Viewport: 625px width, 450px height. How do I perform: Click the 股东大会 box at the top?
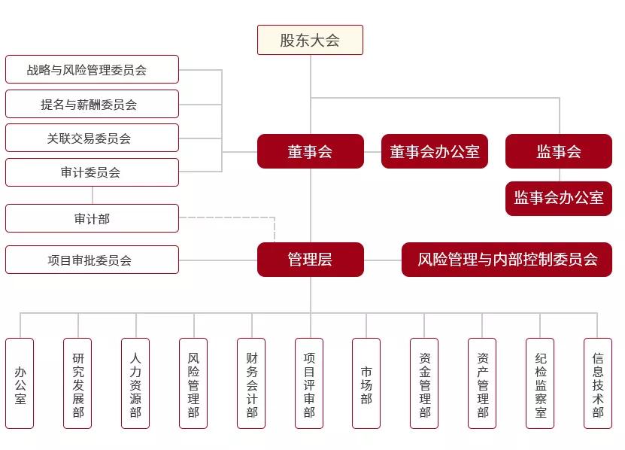coord(310,40)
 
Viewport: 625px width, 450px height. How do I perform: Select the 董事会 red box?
coord(310,151)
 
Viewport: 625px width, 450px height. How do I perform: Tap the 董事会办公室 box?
coord(435,151)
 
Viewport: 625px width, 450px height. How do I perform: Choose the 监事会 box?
coord(559,151)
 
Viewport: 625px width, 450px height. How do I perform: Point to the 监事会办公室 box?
coord(559,198)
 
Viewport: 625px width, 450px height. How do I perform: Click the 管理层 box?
coord(310,260)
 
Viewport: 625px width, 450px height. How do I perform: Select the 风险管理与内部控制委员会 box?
coord(507,260)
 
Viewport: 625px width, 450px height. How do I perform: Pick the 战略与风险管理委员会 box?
coord(92,69)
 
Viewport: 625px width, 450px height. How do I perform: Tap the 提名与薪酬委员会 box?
coord(92,104)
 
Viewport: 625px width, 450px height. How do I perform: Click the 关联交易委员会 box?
coord(92,138)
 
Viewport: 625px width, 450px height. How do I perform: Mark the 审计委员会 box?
coord(92,172)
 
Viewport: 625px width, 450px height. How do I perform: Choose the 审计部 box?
coord(92,218)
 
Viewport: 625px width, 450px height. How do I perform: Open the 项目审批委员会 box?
coord(92,260)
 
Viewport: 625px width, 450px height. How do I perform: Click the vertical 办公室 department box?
coord(20,383)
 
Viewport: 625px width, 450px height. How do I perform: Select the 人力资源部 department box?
coord(135,383)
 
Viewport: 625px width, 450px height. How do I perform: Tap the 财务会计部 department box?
coord(251,383)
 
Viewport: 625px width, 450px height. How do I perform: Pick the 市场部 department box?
coord(366,383)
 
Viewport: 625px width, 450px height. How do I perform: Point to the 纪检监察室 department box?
coord(540,383)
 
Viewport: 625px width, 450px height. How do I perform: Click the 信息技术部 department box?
coord(598,383)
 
